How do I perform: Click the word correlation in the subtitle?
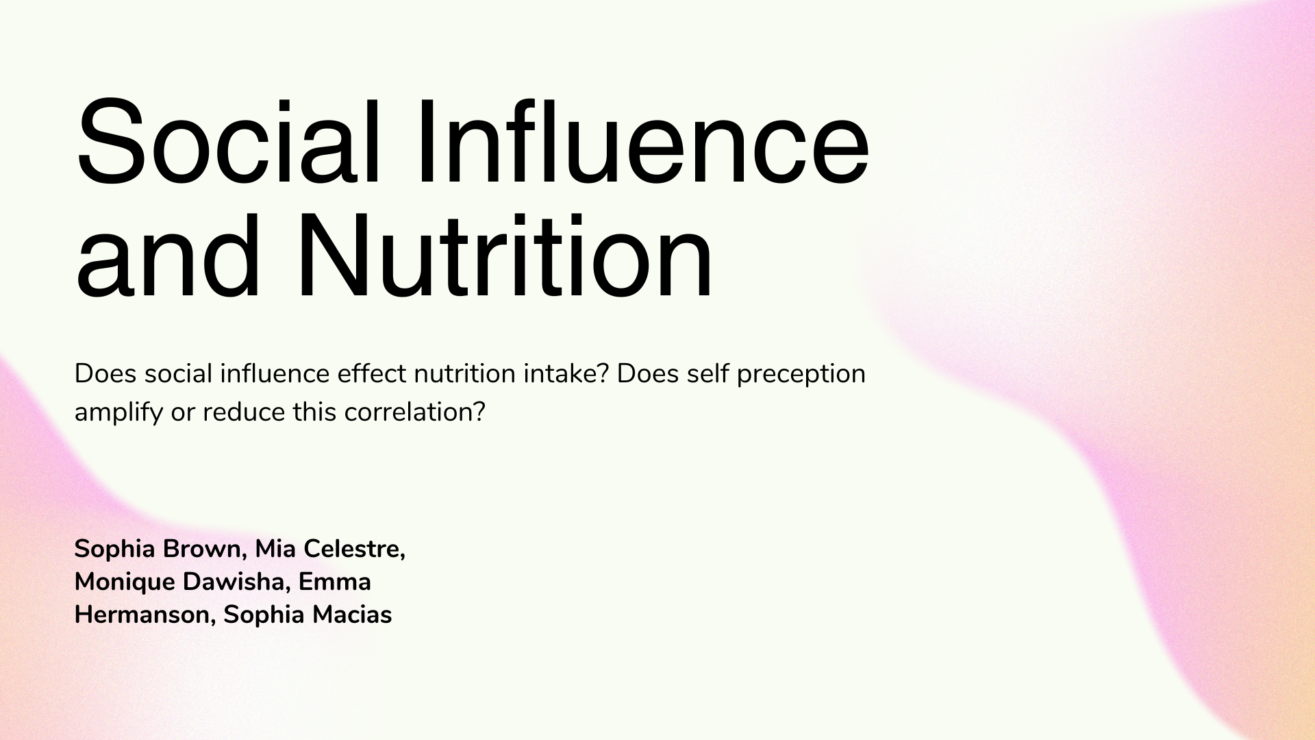pos(414,412)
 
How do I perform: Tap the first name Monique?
pos(124,582)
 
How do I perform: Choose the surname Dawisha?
pos(236,582)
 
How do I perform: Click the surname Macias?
pos(352,615)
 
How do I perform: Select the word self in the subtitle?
pos(707,374)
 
